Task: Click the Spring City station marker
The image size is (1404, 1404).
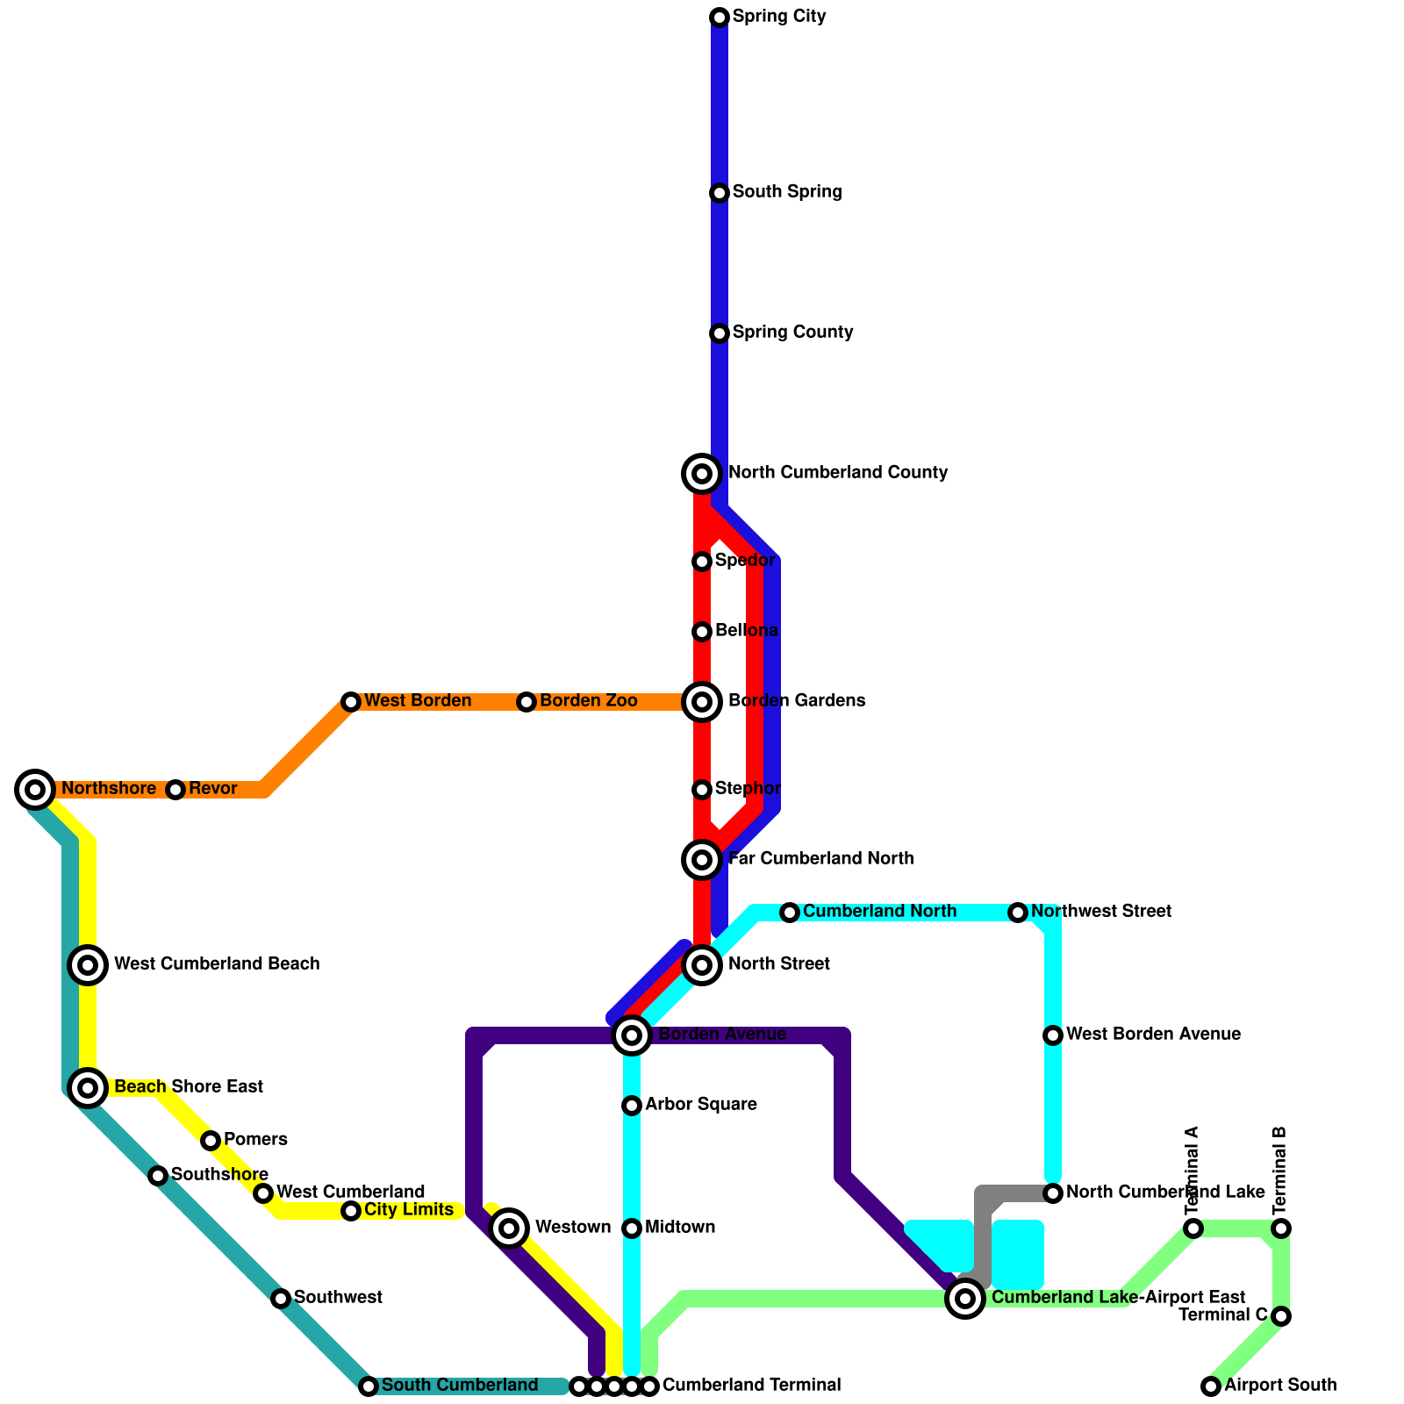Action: (720, 18)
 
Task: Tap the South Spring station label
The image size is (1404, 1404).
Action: (786, 192)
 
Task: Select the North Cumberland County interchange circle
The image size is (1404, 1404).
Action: (702, 474)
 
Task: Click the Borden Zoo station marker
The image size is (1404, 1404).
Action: (526, 702)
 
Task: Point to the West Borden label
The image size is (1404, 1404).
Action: (418, 701)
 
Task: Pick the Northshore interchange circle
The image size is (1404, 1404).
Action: (35, 790)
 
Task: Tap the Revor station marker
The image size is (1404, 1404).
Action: (175, 790)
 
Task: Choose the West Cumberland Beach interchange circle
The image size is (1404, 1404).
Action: (88, 965)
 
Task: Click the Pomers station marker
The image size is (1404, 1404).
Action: (211, 1141)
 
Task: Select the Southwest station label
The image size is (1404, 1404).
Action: (338, 1298)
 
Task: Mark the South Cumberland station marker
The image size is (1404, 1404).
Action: (369, 1386)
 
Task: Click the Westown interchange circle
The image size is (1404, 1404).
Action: (509, 1228)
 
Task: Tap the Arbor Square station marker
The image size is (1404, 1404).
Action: (632, 1106)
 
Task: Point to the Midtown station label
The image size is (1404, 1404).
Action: (680, 1228)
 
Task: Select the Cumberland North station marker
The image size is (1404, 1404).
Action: (790, 913)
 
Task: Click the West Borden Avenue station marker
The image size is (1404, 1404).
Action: (1053, 1035)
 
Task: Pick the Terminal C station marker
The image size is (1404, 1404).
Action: (1281, 1316)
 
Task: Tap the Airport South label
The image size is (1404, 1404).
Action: (1280, 1386)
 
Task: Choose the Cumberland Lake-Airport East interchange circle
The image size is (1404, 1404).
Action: (965, 1299)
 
